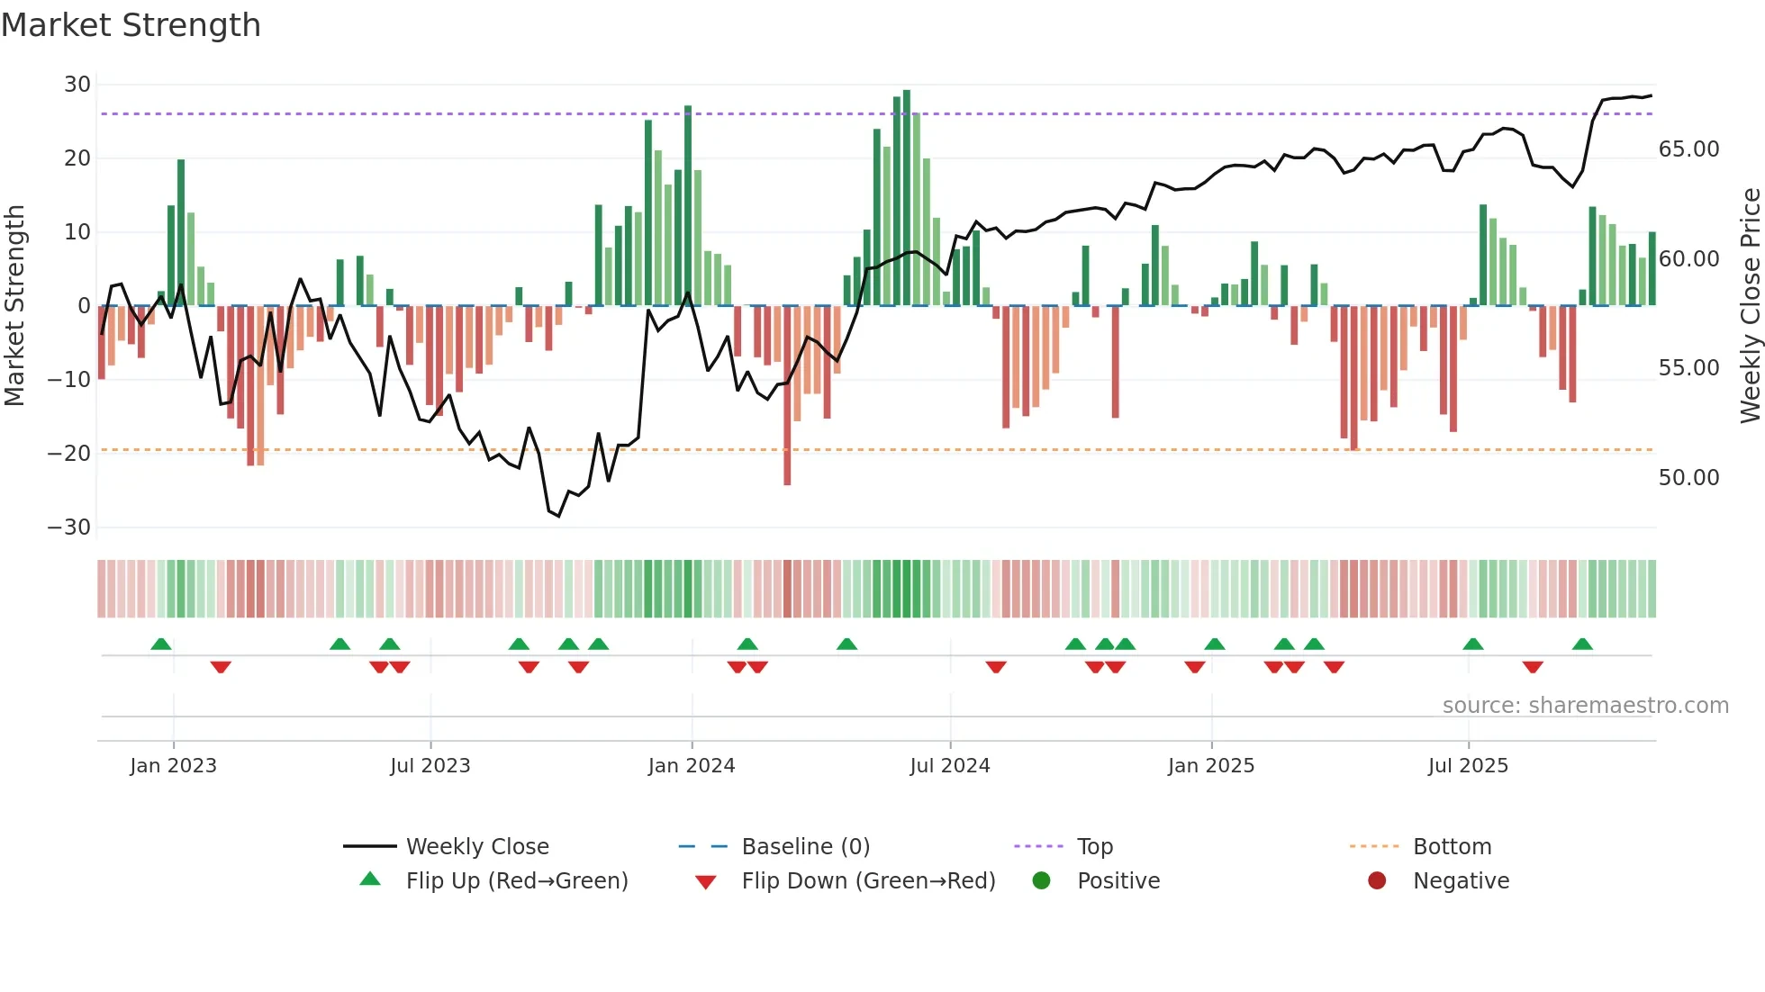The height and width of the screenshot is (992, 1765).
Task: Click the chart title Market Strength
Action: [x=131, y=25]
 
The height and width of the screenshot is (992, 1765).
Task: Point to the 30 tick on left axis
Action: [x=77, y=85]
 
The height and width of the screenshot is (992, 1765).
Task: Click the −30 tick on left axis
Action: [x=70, y=528]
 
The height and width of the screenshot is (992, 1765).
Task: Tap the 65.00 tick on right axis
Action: [x=1688, y=149]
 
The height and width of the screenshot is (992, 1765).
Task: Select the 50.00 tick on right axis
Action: [x=1688, y=478]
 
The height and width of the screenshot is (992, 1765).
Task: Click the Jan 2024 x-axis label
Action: [x=691, y=766]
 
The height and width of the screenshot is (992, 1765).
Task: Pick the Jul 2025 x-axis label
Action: [x=1467, y=766]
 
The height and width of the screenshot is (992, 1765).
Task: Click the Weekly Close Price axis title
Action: [x=1750, y=306]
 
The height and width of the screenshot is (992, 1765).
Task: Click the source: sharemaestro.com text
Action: [x=1585, y=706]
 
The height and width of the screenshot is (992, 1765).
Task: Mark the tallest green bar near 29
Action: [x=907, y=198]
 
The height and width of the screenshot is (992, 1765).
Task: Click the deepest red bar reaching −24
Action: [x=787, y=396]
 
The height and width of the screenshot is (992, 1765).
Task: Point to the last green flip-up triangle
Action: [x=1582, y=644]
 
